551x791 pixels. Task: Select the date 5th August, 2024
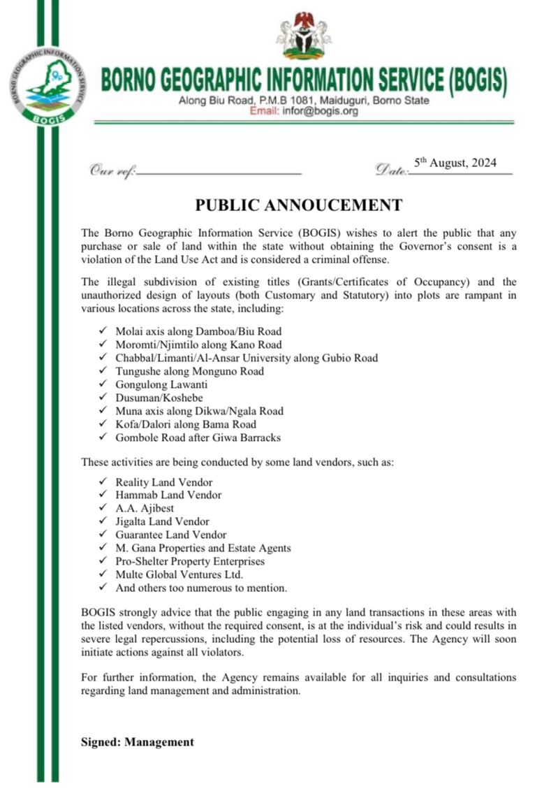coord(455,164)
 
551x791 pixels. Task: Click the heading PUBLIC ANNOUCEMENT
coord(298,205)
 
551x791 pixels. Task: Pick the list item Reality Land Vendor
coord(164,481)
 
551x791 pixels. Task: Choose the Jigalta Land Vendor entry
coord(162,521)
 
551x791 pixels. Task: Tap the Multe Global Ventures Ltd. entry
coord(179,574)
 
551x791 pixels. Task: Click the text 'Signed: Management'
coord(138,742)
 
